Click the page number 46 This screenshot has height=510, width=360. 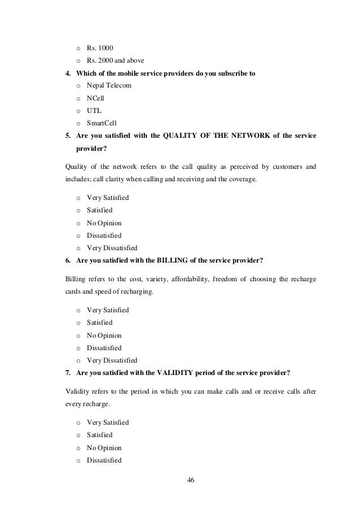pyautogui.click(x=190, y=480)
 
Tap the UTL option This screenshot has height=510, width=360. pyautogui.click(x=94, y=111)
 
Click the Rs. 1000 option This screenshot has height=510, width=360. pyautogui.click(x=99, y=47)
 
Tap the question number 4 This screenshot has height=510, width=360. pyautogui.click(x=68, y=72)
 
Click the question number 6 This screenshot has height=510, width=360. pyautogui.click(x=68, y=260)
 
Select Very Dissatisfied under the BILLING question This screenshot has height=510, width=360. pyautogui.click(x=112, y=360)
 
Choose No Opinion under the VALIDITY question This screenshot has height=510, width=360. pyautogui.click(x=104, y=448)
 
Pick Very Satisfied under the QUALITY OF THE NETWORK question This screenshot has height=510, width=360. pyautogui.click(x=108, y=198)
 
